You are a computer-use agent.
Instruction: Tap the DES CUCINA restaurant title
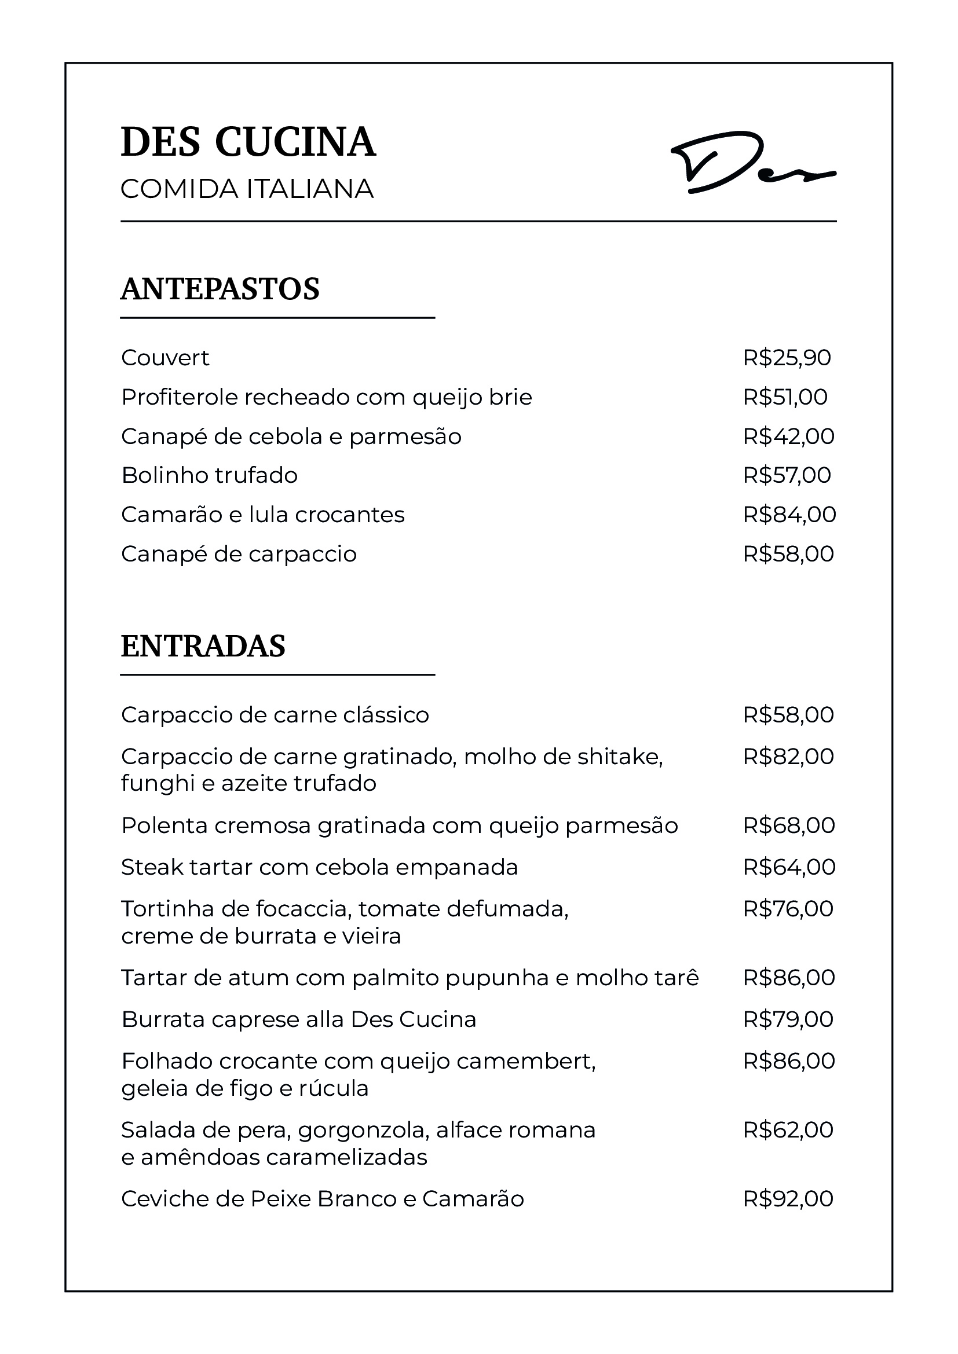point(248,142)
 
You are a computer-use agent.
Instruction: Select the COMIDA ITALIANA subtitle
point(247,189)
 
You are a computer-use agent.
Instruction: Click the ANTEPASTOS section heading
point(220,289)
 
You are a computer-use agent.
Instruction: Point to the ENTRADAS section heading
point(203,646)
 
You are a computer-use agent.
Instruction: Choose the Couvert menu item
point(165,358)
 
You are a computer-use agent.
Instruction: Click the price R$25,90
point(787,358)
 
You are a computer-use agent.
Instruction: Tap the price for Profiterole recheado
point(785,398)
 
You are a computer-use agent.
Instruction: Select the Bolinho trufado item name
point(210,475)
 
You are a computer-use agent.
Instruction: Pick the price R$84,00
point(789,515)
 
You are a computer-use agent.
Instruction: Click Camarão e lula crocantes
point(262,515)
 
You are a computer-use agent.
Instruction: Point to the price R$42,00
point(789,436)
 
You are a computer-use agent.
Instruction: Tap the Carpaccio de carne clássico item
point(275,715)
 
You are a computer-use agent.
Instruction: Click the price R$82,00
point(788,757)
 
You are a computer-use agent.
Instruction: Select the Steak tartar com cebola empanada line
point(319,868)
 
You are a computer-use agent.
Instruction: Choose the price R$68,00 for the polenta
point(789,825)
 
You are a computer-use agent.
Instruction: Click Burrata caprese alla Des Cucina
point(298,1019)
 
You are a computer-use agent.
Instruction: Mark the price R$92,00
point(788,1199)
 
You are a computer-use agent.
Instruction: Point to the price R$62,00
point(788,1130)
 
